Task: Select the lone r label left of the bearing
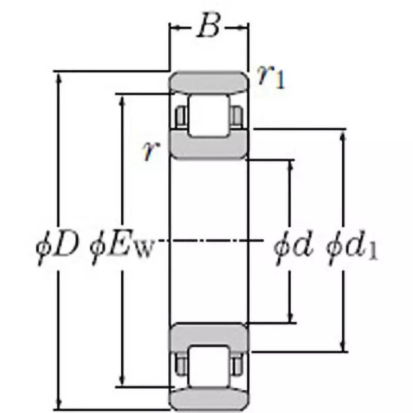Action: [149, 151]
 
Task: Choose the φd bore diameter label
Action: [293, 247]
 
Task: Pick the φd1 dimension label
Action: [352, 247]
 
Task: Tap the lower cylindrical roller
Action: [209, 366]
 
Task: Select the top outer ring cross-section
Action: [209, 83]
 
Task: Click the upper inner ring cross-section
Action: [209, 147]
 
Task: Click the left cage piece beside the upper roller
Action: [181, 116]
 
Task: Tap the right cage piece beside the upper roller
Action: [237, 116]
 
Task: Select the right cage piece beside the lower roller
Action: [237, 366]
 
